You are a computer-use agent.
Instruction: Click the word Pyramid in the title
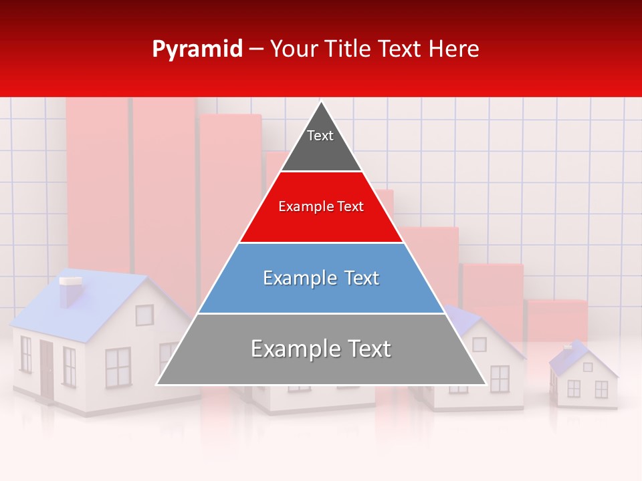coord(197,49)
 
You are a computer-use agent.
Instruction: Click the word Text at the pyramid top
coord(320,136)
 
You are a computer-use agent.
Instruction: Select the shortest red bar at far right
coord(557,321)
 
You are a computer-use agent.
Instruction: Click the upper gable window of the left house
coord(144,315)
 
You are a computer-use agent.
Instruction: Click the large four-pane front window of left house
coord(118,367)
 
